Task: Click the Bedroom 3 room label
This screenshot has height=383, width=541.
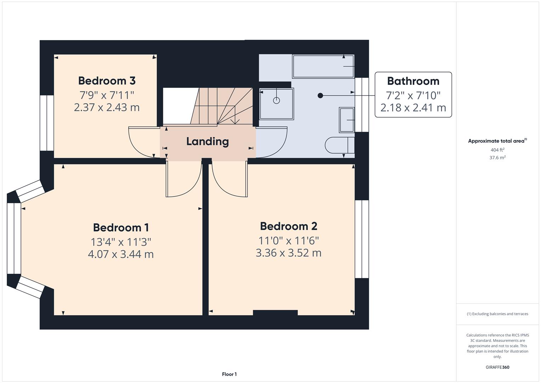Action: coord(107,81)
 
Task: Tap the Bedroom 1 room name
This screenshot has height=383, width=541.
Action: coord(121,227)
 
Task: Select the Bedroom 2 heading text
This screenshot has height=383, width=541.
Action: coord(288,226)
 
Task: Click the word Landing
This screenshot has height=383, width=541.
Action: coord(207,141)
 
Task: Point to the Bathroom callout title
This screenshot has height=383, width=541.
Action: coord(413,81)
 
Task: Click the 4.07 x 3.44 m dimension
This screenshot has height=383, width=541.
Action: coord(121,254)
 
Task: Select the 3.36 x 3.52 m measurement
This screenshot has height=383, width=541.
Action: coord(288,253)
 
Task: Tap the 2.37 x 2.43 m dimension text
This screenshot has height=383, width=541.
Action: coord(107,107)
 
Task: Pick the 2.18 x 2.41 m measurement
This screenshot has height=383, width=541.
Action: coord(413,108)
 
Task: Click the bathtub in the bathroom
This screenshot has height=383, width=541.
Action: coord(323,66)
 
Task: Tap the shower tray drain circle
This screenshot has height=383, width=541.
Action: coord(276,100)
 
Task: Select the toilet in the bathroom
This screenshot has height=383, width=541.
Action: coord(339,145)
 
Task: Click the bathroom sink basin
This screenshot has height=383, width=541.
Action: coord(347,120)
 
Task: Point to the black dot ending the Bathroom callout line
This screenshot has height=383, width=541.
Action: coord(320,95)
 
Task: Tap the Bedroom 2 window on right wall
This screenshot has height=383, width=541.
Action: coord(362,239)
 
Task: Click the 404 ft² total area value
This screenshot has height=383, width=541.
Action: coord(497,150)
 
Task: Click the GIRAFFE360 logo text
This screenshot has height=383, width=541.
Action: coord(497,367)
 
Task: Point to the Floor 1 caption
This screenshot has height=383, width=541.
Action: coord(229,374)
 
